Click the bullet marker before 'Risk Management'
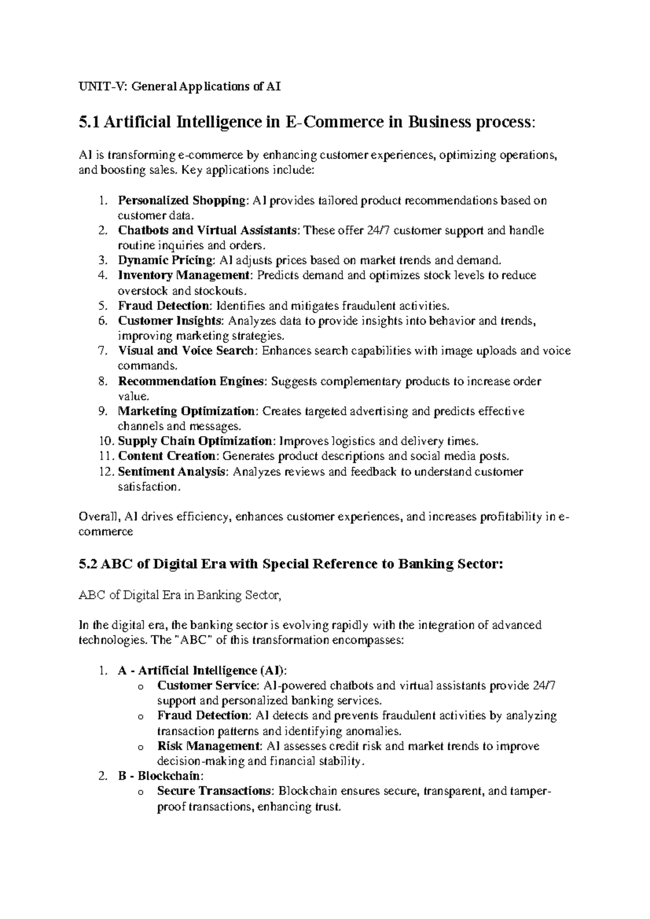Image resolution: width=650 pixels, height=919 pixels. coord(141,747)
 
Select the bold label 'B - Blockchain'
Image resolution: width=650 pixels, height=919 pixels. coord(160,776)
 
